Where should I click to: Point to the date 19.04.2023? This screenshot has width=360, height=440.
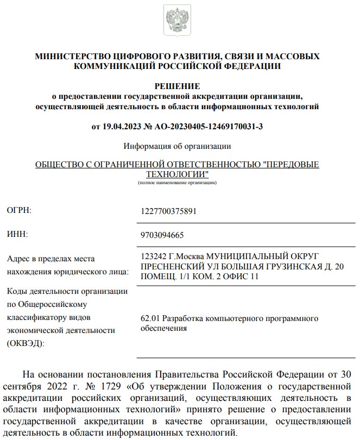click(124, 127)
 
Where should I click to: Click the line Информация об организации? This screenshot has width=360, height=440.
click(178, 146)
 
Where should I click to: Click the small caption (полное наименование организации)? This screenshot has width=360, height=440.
click(178, 183)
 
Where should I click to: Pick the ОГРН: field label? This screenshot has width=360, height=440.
click(19, 210)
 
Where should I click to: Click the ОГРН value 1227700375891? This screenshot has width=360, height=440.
click(168, 211)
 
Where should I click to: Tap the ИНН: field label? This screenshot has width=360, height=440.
click(17, 234)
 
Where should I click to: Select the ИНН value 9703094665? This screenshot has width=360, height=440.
click(162, 235)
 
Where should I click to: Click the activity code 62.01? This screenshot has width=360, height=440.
click(150, 318)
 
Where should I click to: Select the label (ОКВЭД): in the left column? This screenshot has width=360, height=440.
click(26, 343)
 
